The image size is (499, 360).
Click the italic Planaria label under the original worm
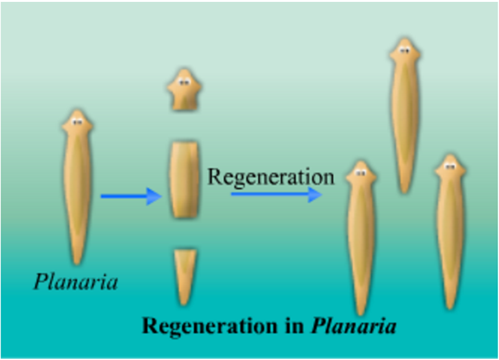tap(76, 283)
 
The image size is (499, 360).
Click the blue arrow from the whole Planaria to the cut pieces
tap(131, 196)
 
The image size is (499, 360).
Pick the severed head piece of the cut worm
tap(184, 89)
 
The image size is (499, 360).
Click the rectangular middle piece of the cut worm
tap(184, 180)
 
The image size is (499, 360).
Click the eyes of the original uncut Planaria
tap(77, 122)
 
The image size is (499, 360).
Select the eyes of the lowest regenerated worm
tap(361, 172)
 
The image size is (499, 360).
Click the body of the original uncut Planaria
tap(77, 187)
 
